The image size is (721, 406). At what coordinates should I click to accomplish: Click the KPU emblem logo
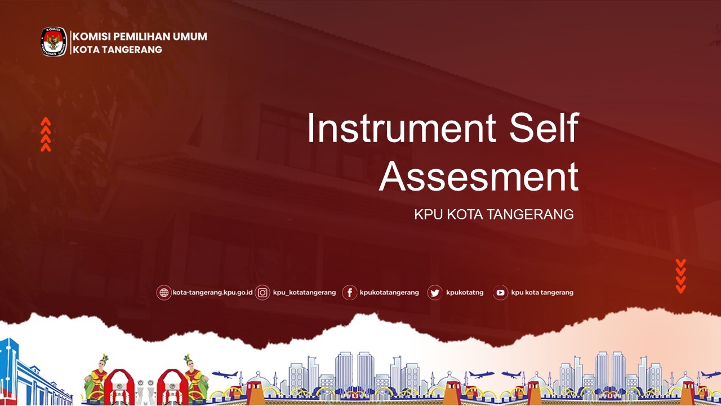pyautogui.click(x=54, y=42)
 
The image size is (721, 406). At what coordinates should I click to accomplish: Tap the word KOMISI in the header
pyautogui.click(x=91, y=37)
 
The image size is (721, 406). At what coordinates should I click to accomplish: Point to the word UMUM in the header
pyautogui.click(x=190, y=37)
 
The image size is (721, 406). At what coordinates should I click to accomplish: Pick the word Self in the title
pyautogui.click(x=544, y=127)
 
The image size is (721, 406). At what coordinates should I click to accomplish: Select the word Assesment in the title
pyautogui.click(x=479, y=176)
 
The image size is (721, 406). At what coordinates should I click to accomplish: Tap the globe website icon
pyautogui.click(x=164, y=293)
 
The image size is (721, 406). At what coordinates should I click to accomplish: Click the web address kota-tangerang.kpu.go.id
pyautogui.click(x=213, y=293)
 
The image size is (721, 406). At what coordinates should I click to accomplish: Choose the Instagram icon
pyautogui.click(x=262, y=293)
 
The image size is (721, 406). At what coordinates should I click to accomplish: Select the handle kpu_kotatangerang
pyautogui.click(x=304, y=293)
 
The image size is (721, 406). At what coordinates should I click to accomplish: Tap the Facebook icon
pyautogui.click(x=350, y=293)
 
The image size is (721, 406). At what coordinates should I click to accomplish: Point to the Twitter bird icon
pyautogui.click(x=434, y=293)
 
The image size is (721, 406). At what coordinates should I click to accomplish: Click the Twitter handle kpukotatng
pyautogui.click(x=465, y=293)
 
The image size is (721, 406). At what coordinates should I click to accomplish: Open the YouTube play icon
pyautogui.click(x=501, y=293)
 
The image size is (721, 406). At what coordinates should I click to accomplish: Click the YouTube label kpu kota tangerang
pyautogui.click(x=542, y=293)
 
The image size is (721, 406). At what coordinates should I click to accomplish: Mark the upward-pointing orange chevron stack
pyautogui.click(x=46, y=134)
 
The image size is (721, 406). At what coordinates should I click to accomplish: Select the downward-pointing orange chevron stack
pyautogui.click(x=681, y=276)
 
